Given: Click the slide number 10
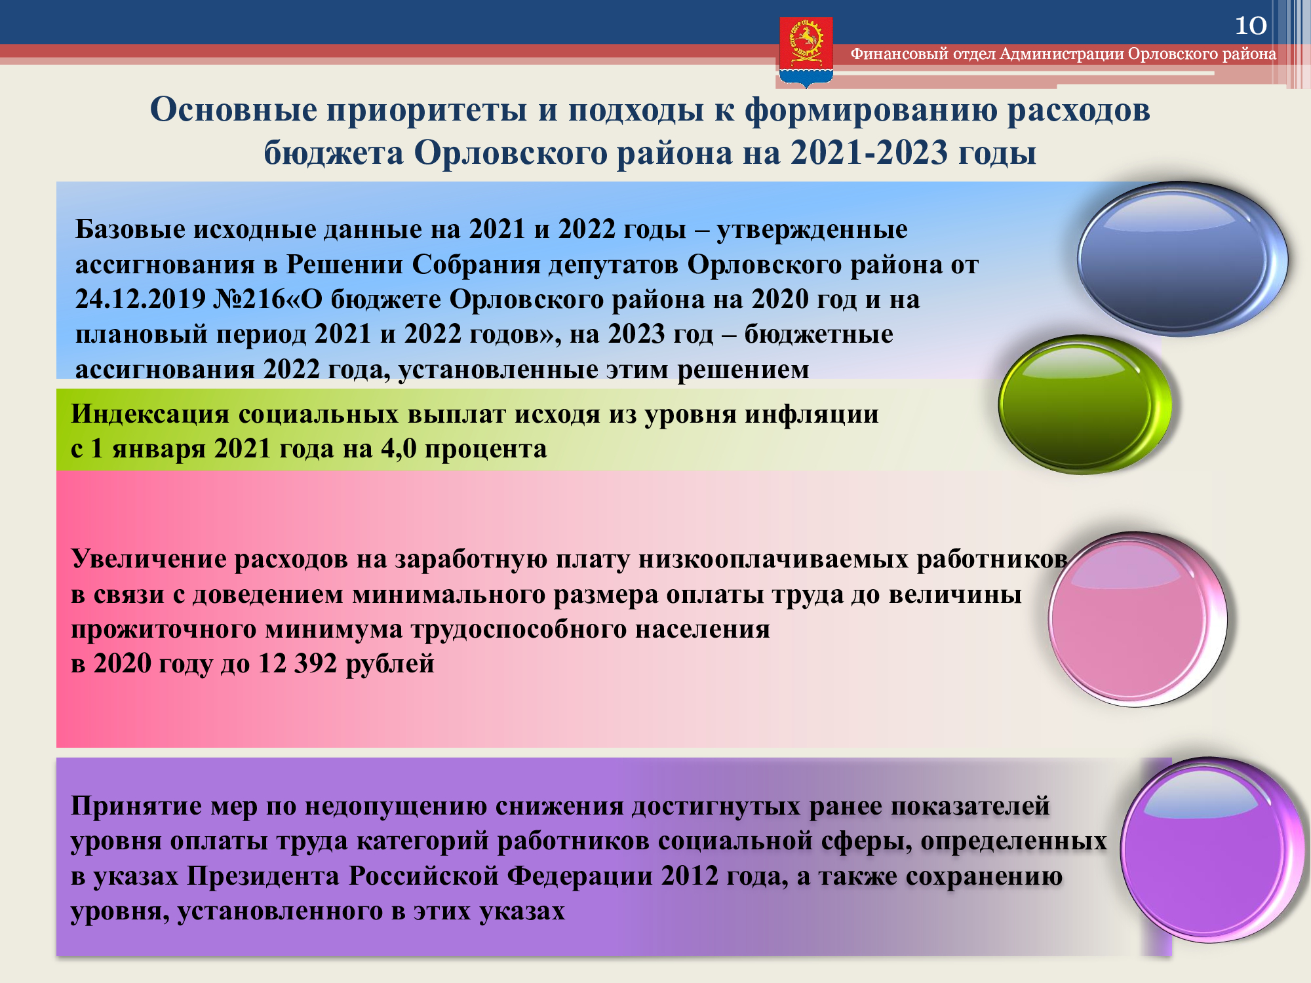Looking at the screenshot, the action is (1251, 26).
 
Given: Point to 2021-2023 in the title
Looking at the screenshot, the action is (869, 153).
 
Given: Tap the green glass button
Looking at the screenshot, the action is (1085, 404).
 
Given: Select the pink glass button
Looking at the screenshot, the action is (1137, 619).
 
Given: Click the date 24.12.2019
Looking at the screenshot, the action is (140, 299).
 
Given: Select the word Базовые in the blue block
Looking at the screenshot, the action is (130, 229).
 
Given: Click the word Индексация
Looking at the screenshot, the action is (150, 414).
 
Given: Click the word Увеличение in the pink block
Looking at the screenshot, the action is (148, 559).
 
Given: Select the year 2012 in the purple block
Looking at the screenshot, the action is (690, 876).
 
